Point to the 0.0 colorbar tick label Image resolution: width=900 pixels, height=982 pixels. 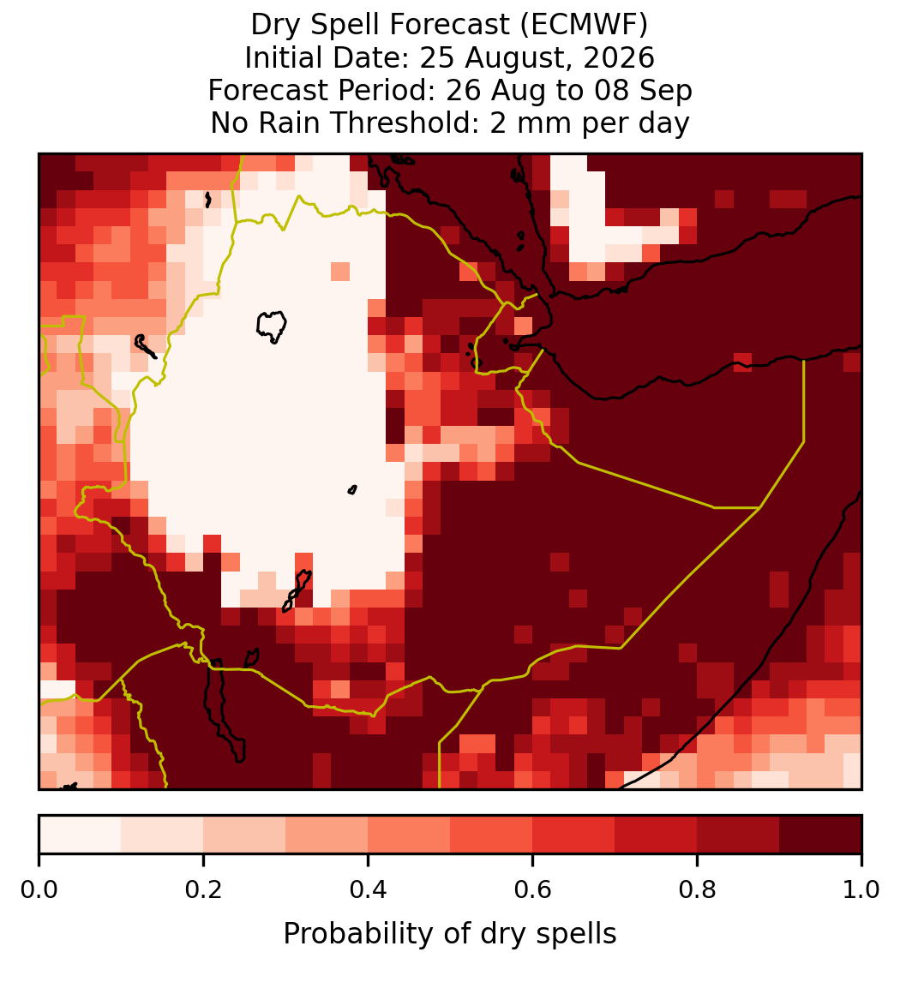tap(39, 889)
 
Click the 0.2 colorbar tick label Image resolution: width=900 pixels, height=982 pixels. tap(203, 889)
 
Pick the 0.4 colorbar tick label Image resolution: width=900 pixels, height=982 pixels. tap(369, 889)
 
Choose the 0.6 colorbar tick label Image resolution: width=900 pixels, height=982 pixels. tap(532, 889)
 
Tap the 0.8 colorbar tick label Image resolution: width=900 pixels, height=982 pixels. tap(697, 889)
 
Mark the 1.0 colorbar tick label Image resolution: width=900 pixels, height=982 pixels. tap(861, 889)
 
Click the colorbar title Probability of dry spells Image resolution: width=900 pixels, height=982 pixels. tap(450, 934)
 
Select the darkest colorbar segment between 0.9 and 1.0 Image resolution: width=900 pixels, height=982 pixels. tap(820, 835)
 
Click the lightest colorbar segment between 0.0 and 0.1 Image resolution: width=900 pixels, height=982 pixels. tap(81, 835)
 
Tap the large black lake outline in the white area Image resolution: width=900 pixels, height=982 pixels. tap(271, 326)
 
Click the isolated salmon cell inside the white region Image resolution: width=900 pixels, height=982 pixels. tap(340, 272)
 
